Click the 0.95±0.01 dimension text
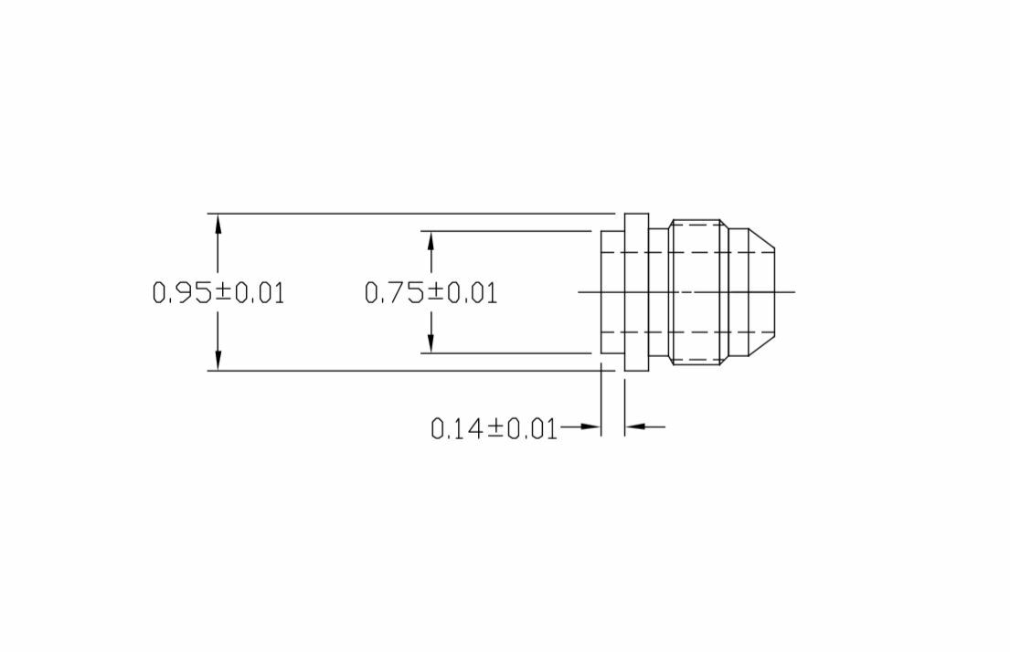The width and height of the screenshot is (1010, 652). (x=218, y=293)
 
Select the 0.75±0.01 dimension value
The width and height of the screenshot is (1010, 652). (x=431, y=293)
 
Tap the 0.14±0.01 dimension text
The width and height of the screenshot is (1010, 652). (x=494, y=428)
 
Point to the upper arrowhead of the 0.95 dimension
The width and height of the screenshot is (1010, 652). (x=218, y=222)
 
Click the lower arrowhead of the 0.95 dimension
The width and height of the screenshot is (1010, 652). (x=218, y=363)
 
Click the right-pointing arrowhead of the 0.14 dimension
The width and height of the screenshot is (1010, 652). (x=592, y=426)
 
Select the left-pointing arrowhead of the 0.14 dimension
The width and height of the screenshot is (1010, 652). (x=634, y=426)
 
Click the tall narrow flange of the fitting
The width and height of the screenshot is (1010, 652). (x=636, y=292)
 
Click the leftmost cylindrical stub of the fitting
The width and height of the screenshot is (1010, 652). (x=611, y=292)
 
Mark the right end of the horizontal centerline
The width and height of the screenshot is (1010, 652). (x=793, y=292)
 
